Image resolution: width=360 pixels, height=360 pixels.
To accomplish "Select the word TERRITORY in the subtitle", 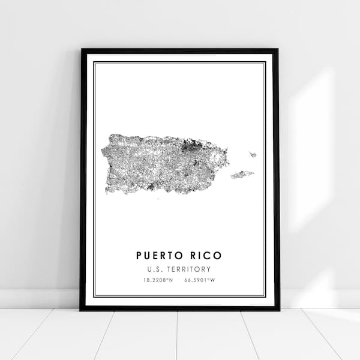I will (191, 269).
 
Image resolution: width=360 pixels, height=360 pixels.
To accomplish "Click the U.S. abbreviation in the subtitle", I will (157, 269).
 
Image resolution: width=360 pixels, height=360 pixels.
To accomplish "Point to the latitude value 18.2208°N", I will (158, 280).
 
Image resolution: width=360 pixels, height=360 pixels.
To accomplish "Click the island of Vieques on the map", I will (242, 175).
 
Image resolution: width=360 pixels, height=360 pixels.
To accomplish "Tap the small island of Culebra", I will (253, 155).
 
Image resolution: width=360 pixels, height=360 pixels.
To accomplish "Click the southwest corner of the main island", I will (107, 191).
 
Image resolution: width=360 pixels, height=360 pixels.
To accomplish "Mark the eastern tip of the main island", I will (228, 161).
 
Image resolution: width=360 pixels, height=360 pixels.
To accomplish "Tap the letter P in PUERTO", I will (139, 256).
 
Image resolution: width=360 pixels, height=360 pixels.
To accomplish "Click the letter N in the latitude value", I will (171, 280).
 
